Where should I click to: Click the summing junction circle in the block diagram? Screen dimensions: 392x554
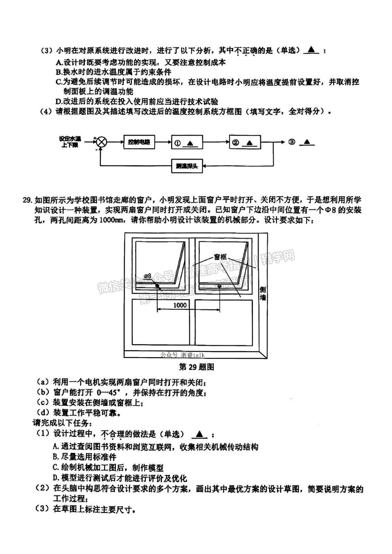pos(101,143)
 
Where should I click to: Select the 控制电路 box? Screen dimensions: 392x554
pos(139,142)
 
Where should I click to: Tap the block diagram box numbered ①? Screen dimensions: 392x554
pos(187,142)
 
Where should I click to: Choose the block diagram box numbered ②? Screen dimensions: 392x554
pos(245,142)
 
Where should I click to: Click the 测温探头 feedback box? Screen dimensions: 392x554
pos(187,166)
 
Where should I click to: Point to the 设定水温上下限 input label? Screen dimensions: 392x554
pos(70,142)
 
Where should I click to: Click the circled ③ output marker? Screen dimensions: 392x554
pos(292,142)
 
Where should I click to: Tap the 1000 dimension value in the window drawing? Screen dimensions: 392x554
pos(180,305)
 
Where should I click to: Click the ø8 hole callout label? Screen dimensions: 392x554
pos(148,276)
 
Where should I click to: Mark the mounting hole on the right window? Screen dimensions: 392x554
pos(219,286)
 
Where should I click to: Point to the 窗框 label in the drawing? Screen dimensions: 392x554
pos(220,257)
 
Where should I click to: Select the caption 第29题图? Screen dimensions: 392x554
pos(196,367)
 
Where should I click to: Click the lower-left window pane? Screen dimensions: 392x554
pos(160,322)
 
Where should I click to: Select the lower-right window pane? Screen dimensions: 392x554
pos(224,322)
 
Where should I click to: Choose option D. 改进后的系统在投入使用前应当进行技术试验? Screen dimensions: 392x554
pos(137,102)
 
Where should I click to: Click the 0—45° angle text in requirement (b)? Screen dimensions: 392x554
pos(109,392)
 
